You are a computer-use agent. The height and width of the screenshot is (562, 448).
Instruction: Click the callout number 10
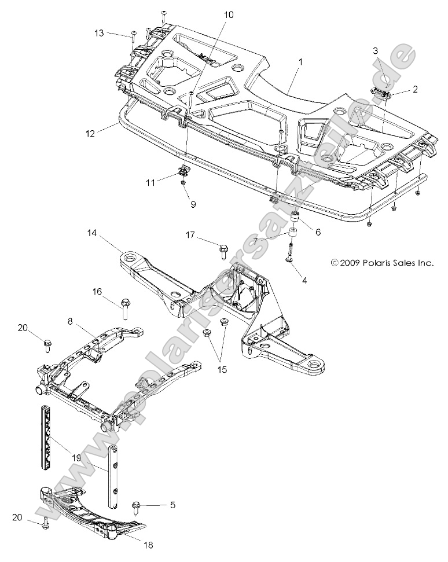click(x=229, y=14)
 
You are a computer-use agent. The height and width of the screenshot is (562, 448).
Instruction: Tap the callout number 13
click(x=100, y=34)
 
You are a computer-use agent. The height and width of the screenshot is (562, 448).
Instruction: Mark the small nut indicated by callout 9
click(x=183, y=183)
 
